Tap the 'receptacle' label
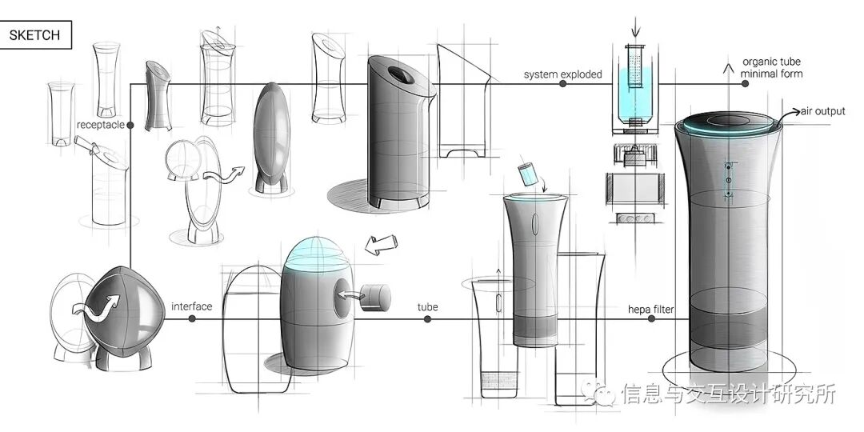tap(100, 125)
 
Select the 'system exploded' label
tap(562, 75)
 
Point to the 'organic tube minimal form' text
tap(771, 68)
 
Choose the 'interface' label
tap(192, 306)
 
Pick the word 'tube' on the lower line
tap(427, 306)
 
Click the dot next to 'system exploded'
tap(563, 83)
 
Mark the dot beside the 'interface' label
tap(192, 318)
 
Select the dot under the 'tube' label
tap(427, 318)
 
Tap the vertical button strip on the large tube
tap(729, 182)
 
